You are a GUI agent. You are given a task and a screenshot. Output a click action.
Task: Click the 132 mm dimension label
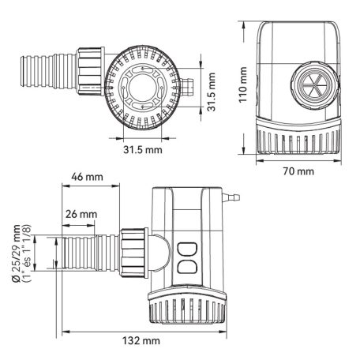pos(142,340)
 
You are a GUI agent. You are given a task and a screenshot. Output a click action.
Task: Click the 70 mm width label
pos(298,171)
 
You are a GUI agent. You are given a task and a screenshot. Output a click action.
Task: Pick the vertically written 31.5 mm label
pos(212,92)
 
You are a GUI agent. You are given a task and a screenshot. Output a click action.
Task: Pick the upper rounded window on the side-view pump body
pos(187,249)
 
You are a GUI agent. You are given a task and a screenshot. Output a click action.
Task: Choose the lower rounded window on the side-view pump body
pos(187,267)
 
